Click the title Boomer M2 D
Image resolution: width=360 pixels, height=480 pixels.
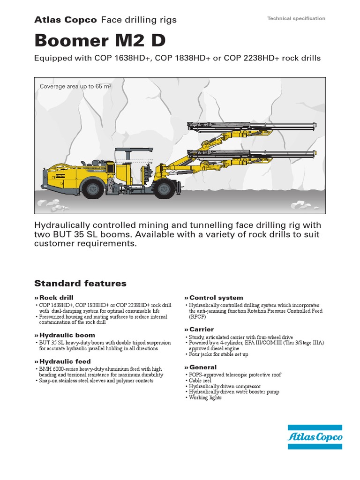[x=100, y=41]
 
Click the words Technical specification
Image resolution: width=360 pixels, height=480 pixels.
[x=296, y=18]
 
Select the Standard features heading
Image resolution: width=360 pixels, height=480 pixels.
[x=80, y=283]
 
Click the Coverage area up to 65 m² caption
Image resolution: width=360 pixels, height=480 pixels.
[x=75, y=86]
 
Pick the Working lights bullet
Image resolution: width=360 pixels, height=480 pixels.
[x=205, y=397]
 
